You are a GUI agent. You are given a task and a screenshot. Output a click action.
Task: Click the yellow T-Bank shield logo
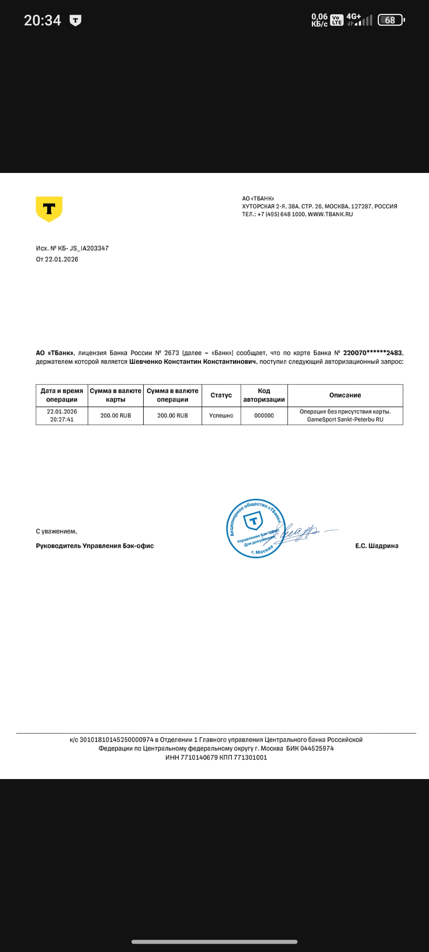[x=49, y=209]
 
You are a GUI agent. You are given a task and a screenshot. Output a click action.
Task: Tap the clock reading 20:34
[x=43, y=20]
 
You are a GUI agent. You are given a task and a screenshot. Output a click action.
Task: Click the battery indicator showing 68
[x=391, y=20]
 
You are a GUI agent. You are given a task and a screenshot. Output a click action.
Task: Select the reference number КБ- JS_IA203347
[x=83, y=248]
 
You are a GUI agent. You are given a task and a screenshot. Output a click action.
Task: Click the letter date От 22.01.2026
[x=57, y=259]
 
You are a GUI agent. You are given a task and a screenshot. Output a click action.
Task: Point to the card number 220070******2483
[x=372, y=353]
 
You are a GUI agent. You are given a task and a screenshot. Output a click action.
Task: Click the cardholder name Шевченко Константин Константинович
[x=193, y=361]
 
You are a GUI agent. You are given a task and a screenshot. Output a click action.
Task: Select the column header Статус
[x=221, y=395]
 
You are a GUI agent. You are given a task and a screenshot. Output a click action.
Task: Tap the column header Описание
[x=345, y=395]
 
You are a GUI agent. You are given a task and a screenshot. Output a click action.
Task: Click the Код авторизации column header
[x=264, y=395]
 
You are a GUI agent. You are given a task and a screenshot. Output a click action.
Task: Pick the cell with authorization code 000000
[x=264, y=415]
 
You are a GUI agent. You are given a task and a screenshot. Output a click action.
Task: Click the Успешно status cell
[x=221, y=415]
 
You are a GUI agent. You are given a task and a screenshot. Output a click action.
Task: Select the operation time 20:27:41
[x=62, y=419]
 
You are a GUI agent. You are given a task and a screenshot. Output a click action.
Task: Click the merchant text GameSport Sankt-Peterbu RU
[x=345, y=419]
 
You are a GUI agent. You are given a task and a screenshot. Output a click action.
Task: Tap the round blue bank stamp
[x=255, y=528]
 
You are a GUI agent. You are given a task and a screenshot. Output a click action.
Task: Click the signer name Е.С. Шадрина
[x=377, y=546]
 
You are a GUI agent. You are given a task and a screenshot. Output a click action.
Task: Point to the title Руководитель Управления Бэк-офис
[x=95, y=546]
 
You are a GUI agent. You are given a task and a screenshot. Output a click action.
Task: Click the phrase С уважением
[x=56, y=531]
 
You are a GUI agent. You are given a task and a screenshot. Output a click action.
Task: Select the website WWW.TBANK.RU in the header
[x=330, y=214]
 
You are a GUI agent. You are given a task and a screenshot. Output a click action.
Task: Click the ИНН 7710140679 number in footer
[x=191, y=757]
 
